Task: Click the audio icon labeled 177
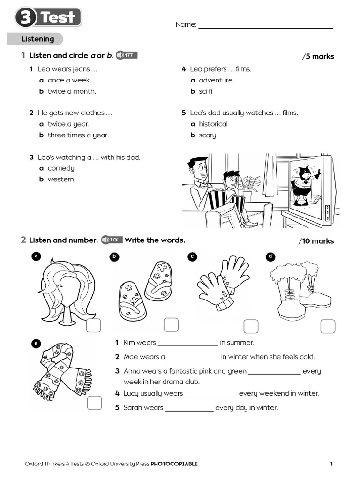pos(126,55)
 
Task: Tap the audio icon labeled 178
pos(112,240)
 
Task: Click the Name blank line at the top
pos(265,25)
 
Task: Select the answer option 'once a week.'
pos(69,80)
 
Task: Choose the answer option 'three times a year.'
pos(78,135)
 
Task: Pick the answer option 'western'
pos(60,179)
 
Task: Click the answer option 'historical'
pos(213,124)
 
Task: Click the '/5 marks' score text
pos(318,56)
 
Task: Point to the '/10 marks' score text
pos(316,241)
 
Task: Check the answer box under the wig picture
pos(93,326)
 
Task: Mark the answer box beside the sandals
pos(171,325)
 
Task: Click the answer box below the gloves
pos(251,326)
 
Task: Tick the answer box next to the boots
pos(328,326)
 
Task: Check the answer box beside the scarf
pos(94,403)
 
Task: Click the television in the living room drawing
pos(309,187)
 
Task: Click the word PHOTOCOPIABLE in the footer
pos(174,464)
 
